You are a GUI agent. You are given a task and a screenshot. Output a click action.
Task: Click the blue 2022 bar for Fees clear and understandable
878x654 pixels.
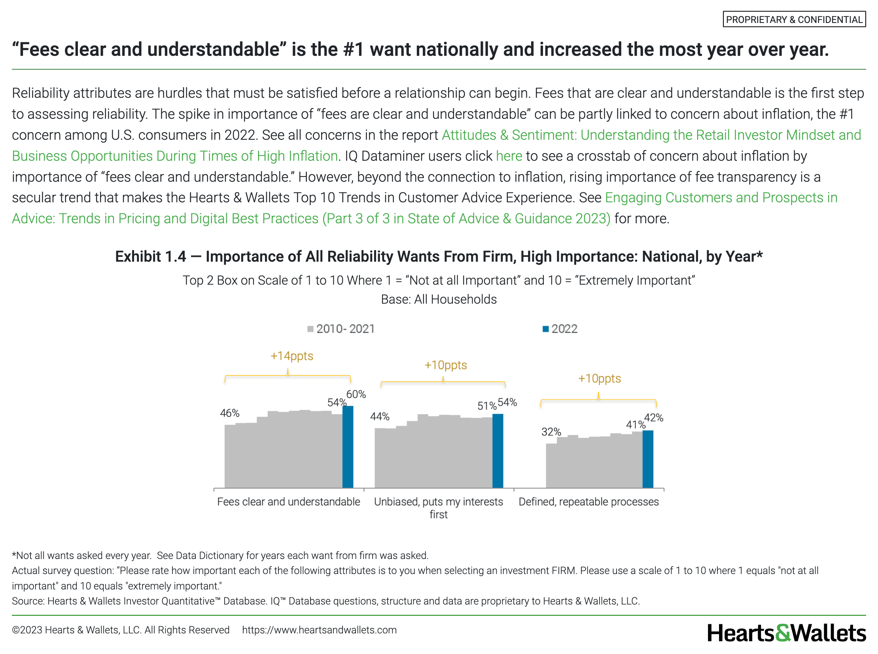(x=348, y=447)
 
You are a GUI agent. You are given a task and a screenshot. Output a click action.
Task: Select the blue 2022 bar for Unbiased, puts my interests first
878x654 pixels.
(x=498, y=451)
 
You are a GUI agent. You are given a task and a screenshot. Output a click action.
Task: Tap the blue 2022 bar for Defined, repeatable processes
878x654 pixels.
(x=648, y=459)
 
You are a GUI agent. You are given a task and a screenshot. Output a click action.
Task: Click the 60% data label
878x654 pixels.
(x=356, y=394)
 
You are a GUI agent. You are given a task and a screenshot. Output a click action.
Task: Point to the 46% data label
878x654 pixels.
(x=230, y=413)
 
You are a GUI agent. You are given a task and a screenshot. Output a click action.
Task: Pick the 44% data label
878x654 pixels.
(x=380, y=416)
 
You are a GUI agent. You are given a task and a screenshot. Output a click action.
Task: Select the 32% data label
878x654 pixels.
(x=551, y=432)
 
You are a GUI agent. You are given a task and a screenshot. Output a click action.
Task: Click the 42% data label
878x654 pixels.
(x=654, y=418)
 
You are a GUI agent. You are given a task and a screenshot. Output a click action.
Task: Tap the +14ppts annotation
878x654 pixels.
(x=292, y=356)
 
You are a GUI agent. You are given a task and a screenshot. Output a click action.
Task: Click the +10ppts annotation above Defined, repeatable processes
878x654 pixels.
(x=600, y=378)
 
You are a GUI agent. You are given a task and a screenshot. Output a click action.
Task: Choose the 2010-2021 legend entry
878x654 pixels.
(x=341, y=329)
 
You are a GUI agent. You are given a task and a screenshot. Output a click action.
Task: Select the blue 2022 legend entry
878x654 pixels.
(x=560, y=329)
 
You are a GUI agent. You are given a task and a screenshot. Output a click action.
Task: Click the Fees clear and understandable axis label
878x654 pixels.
(x=289, y=502)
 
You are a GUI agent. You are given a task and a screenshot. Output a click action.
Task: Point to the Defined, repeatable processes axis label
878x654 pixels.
(x=588, y=502)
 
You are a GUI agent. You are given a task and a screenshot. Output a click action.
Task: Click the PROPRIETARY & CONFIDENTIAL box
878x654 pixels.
(x=794, y=19)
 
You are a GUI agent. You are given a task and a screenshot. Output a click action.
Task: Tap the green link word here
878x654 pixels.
(x=509, y=156)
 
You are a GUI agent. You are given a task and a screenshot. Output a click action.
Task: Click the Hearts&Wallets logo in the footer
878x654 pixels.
(x=786, y=633)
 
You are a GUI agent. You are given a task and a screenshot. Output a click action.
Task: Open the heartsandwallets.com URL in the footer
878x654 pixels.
(x=319, y=630)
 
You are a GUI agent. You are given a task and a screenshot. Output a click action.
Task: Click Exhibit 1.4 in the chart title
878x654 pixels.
(x=151, y=257)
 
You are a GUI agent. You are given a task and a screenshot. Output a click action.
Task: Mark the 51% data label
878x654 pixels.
(x=487, y=406)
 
